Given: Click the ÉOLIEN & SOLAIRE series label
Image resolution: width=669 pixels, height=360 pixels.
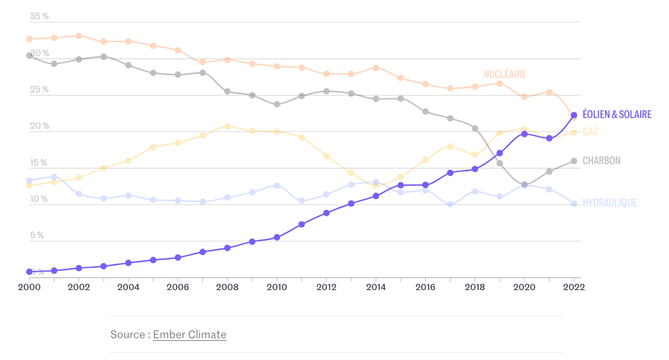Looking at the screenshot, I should coord(616,115).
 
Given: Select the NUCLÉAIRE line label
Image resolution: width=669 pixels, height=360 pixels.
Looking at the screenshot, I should coord(505,75).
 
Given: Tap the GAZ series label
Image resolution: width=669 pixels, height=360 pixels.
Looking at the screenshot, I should coord(590,132).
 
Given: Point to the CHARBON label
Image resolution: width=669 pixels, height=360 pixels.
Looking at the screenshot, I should coord(601,161).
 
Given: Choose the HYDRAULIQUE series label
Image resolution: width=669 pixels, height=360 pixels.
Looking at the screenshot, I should coord(610,203).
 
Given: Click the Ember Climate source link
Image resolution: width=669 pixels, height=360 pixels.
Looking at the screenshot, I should coord(189,334).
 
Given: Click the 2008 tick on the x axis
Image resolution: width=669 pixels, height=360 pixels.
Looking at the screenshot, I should coord(227,287).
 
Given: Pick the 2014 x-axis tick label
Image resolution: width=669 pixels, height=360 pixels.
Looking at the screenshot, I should coord(376,287).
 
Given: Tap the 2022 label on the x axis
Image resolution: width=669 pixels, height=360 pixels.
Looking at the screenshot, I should coord(574,287).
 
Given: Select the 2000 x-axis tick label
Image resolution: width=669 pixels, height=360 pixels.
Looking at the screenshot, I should coord(29,287).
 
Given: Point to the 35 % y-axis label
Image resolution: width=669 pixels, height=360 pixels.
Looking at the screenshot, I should coord(40,16).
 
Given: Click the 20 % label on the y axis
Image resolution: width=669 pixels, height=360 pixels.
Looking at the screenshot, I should coord(40,126).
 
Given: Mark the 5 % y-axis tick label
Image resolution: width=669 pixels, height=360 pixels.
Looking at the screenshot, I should coord(37,235).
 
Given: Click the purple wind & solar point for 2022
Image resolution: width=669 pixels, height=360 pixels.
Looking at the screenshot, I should coord(574,115).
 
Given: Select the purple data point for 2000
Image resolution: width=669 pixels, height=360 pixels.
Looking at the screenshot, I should coord(30,272).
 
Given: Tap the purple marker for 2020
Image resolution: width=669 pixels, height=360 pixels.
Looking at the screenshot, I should coord(524,134).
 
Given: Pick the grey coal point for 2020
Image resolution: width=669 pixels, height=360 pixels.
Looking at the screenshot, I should coord(524,185).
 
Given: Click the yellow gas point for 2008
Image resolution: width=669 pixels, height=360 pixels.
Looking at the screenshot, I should coord(227,126).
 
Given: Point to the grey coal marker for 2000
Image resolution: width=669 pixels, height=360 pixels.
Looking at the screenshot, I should coord(30,55).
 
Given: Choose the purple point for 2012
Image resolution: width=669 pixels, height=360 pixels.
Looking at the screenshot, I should coord(326,213).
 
